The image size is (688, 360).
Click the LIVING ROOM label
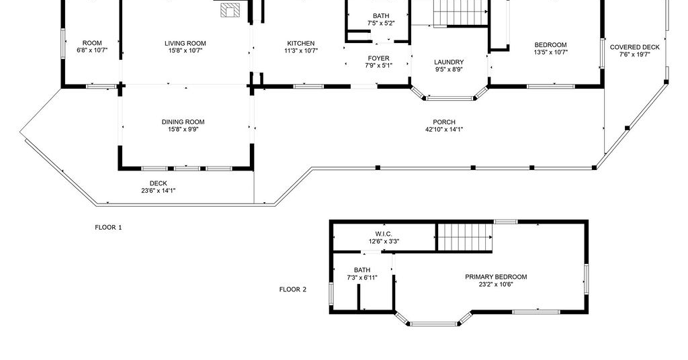click(185, 44)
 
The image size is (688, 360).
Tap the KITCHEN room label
click(301, 44)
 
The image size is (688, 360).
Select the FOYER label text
click(379, 58)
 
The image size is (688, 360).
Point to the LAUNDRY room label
click(449, 62)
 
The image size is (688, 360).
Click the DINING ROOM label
click(183, 122)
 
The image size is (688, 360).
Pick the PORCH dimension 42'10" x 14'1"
click(444, 130)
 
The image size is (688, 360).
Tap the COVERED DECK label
click(634, 48)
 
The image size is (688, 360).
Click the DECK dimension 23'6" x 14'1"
click(159, 190)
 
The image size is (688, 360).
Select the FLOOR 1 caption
click(108, 227)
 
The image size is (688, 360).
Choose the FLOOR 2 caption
click(293, 289)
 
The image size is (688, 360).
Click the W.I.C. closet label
click(384, 234)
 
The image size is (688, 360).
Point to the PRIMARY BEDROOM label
click(496, 277)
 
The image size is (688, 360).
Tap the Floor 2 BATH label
click(362, 270)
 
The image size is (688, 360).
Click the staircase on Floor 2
click(466, 237)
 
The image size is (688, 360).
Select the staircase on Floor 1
click(461, 13)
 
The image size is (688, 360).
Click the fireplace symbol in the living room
click(230, 10)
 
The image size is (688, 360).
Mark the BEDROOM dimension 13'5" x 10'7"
click(551, 52)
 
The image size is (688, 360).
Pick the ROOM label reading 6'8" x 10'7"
click(92, 47)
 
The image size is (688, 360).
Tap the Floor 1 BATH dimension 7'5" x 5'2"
click(381, 24)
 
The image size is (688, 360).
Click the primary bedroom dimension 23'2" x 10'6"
click(496, 284)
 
